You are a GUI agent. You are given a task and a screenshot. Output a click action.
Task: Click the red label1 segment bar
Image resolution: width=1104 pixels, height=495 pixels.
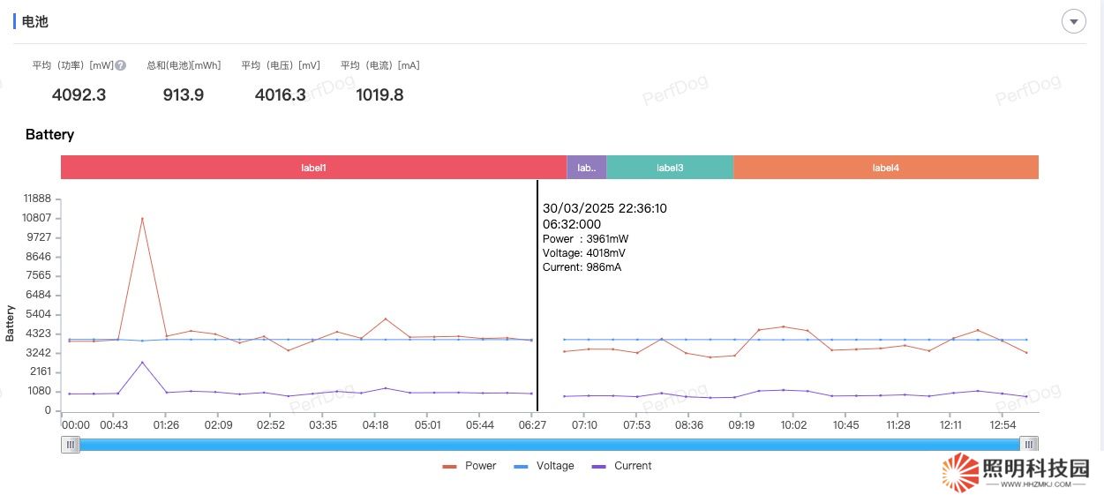(x=313, y=168)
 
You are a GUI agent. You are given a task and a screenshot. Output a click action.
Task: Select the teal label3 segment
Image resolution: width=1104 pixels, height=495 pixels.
(x=670, y=168)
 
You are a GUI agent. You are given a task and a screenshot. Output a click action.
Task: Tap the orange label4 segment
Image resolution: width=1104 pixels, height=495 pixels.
(x=885, y=168)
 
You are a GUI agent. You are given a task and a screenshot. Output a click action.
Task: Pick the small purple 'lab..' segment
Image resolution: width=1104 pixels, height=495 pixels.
(x=587, y=168)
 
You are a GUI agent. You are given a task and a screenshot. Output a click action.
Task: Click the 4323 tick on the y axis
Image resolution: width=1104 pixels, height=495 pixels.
(x=39, y=334)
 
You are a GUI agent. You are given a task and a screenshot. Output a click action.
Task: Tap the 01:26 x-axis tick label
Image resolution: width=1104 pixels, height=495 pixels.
(x=165, y=425)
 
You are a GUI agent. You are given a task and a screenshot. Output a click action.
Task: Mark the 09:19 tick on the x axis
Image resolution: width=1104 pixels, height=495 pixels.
(x=741, y=425)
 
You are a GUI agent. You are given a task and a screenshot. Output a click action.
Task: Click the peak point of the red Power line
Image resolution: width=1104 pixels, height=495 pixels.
(x=142, y=218)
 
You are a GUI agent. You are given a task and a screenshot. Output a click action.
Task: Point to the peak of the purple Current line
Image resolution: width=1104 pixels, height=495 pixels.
(x=142, y=363)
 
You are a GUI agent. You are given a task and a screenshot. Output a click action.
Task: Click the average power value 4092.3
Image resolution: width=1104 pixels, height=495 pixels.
(x=79, y=95)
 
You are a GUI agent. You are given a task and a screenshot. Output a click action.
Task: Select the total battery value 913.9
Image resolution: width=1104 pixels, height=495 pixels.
(x=184, y=95)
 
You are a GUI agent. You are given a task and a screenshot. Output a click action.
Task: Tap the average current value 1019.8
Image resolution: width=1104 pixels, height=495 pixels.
(x=379, y=95)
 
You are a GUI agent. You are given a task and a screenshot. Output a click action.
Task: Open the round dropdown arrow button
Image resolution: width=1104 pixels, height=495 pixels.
(x=1073, y=21)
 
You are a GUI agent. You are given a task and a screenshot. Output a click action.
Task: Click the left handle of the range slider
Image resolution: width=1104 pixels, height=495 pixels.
(x=71, y=445)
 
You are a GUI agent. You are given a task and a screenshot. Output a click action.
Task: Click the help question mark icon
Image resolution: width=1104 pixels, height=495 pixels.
(x=121, y=65)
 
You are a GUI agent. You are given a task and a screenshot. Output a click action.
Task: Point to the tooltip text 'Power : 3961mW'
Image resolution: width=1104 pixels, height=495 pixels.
(x=585, y=239)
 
